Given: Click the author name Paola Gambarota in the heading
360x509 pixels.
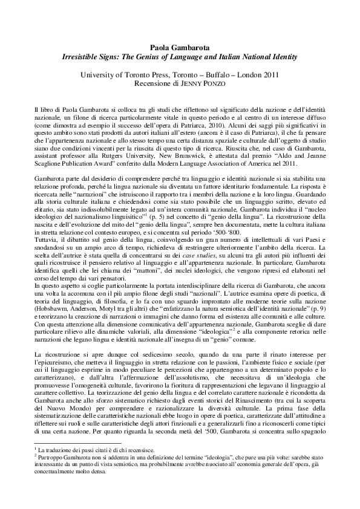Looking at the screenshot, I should click(180, 47).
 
